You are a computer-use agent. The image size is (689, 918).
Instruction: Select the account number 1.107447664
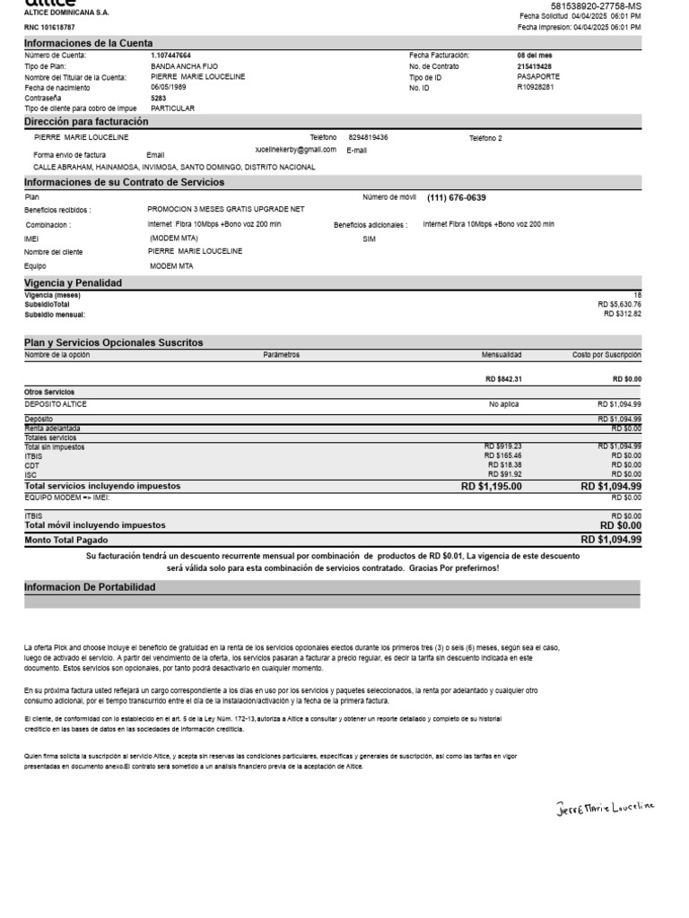coord(170,56)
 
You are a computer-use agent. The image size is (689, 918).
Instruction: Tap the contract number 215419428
coord(535,66)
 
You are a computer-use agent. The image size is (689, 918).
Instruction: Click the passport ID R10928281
coord(536,87)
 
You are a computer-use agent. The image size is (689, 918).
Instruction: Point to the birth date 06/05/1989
coord(168,87)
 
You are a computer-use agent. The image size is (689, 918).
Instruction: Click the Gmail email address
coord(295,151)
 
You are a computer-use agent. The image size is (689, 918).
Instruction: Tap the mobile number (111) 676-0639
coord(457,197)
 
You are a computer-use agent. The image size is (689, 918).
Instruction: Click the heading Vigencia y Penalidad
coord(73,282)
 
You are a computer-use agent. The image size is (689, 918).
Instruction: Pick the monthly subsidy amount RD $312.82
coord(623,314)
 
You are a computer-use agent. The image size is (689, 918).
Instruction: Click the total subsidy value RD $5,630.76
coord(620,305)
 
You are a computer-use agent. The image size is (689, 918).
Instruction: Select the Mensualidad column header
coord(501,355)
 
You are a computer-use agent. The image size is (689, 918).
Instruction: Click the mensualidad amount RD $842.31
coord(503,379)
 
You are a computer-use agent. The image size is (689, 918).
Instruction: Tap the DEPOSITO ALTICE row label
coord(56,404)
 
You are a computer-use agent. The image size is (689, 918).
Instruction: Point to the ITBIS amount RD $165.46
coord(502,455)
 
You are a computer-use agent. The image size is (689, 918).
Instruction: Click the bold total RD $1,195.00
coord(491,486)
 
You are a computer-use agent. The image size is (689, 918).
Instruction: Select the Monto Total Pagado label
coord(66,541)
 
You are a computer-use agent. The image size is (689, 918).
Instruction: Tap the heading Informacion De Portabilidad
coord(90,587)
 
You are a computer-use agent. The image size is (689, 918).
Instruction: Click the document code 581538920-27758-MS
coord(596,6)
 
